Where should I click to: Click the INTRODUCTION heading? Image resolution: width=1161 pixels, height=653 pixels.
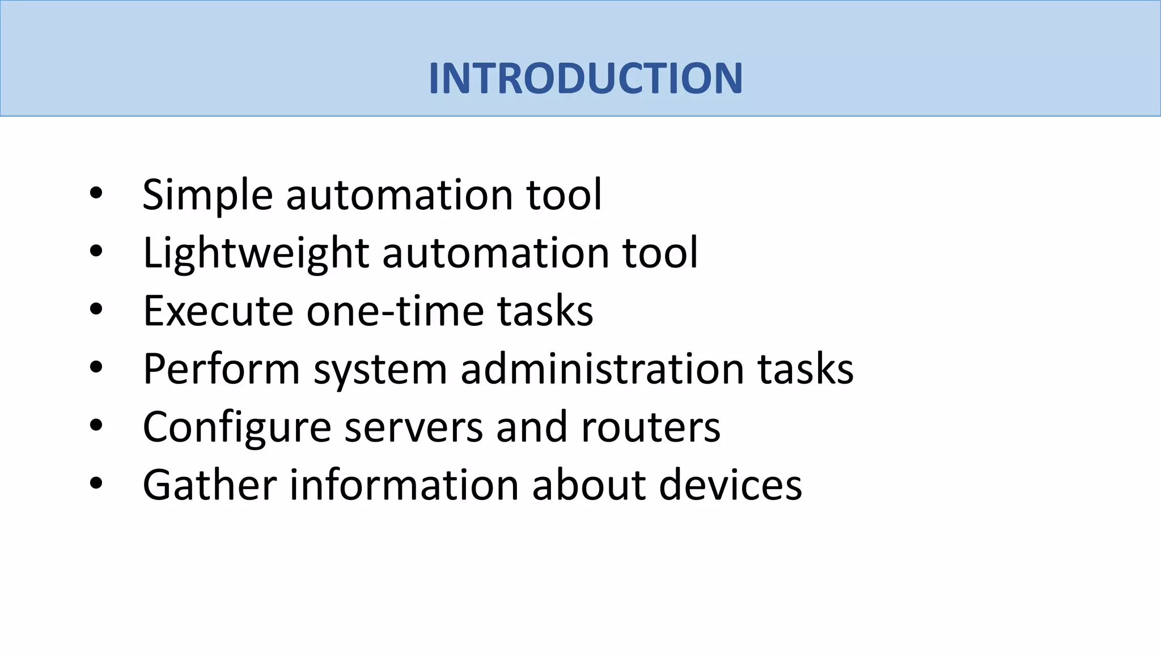pos(585,78)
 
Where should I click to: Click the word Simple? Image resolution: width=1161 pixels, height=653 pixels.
pos(207,195)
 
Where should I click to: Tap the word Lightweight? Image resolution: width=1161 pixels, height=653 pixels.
pos(256,253)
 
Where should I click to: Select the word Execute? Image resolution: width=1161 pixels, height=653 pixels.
pos(218,311)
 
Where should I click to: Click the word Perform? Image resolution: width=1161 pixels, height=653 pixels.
pos(221,369)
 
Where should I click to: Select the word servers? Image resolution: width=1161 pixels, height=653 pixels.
pos(414,427)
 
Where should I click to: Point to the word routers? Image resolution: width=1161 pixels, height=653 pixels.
pos(650,427)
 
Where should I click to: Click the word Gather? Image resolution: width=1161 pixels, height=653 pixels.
pos(210,485)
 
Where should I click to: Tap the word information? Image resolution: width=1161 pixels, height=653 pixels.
pos(404,485)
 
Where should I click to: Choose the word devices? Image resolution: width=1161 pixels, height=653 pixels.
pos(730,485)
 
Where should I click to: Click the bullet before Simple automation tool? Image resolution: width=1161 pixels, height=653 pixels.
pos(96,194)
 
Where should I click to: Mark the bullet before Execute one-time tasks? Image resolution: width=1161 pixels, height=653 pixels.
pos(96,310)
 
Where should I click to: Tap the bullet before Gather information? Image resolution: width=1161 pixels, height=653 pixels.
pos(96,484)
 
